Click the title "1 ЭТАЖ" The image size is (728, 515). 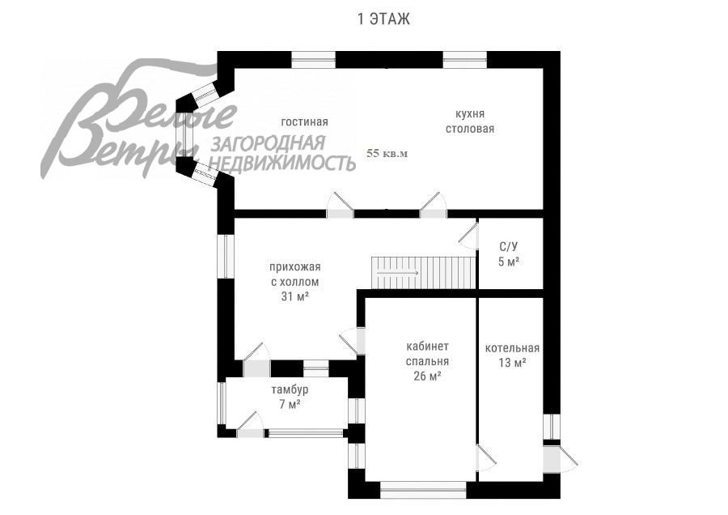point(383,19)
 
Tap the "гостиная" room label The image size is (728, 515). point(304,121)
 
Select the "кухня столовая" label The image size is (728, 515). point(469,121)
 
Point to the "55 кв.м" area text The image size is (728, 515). point(387,152)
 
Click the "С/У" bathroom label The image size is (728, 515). point(509,246)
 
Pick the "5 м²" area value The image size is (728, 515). point(509,261)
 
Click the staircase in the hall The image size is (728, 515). point(422,271)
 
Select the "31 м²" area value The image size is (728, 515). point(294,296)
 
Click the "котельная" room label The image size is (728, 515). point(512,348)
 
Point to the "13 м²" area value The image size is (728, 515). point(512,363)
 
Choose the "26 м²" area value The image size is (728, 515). point(427,376)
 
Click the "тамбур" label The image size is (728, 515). point(289,389)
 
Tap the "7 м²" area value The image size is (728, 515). point(290,404)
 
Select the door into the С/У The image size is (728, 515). point(468,233)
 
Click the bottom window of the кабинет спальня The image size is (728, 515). point(423,489)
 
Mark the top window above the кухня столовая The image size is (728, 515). point(464,59)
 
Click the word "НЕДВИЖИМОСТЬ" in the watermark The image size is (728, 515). point(283,164)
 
